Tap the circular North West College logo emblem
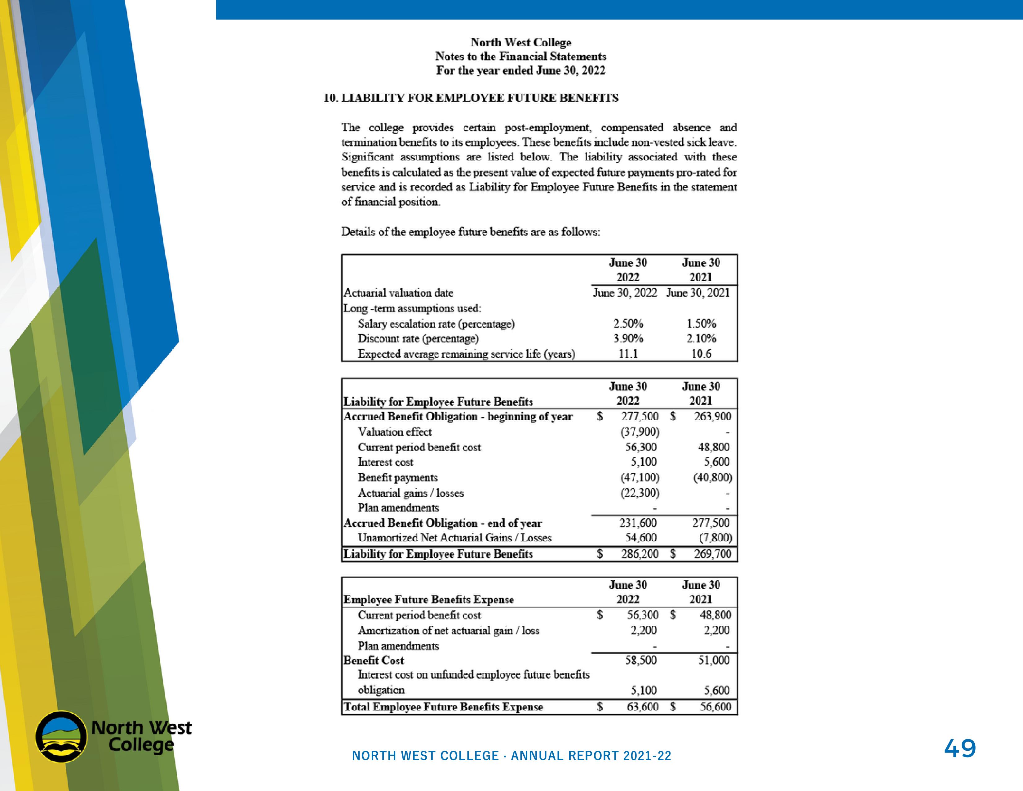click(61, 737)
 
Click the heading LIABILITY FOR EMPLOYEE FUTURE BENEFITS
click(471, 98)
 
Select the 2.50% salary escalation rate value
click(628, 323)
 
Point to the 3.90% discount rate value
click(628, 338)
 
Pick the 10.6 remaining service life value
click(701, 354)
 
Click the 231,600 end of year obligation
click(638, 522)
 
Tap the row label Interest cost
click(386, 462)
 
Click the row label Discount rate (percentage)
click(418, 338)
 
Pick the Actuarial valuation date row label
click(399, 293)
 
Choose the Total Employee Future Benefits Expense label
click(443, 707)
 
